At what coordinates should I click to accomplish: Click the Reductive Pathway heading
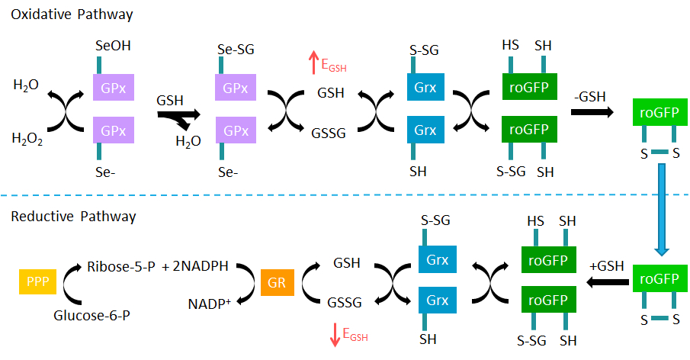click(73, 217)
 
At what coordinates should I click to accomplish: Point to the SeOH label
click(113, 47)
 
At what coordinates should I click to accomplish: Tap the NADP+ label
click(211, 304)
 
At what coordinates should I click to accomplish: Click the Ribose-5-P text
click(122, 267)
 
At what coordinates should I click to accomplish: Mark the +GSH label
click(607, 265)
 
